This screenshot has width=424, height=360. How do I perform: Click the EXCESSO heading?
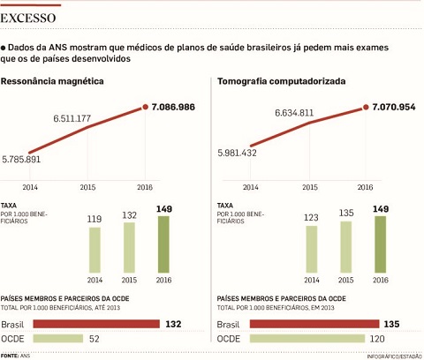tap(28, 19)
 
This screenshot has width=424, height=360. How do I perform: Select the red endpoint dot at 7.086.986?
tap(145, 107)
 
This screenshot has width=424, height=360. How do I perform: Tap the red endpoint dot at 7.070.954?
tap(366, 107)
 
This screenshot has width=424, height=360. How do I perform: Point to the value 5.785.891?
tap(21, 160)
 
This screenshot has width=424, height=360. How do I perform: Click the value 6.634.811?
tap(294, 113)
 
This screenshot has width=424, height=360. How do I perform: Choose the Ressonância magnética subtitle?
tap(52, 81)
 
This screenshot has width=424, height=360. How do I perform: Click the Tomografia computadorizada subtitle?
tap(282, 81)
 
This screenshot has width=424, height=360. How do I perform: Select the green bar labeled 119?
tap(95, 250)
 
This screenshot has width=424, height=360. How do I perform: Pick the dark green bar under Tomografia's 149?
tap(381, 244)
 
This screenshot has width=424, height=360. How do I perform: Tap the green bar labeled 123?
tap(312, 249)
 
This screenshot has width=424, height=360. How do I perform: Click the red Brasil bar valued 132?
tap(96, 324)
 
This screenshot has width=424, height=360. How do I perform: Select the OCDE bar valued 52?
tap(58, 339)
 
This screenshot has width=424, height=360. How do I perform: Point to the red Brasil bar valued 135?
tap(314, 324)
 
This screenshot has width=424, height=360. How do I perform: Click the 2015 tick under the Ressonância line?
tap(87, 187)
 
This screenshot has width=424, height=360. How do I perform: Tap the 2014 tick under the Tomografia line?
tap(251, 187)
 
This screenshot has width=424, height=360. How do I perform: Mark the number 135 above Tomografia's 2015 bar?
tap(346, 213)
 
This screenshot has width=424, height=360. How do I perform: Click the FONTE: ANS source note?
tap(15, 356)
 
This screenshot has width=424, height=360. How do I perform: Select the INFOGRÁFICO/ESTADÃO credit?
tap(394, 356)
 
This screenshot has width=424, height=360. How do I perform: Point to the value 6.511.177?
tap(72, 118)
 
